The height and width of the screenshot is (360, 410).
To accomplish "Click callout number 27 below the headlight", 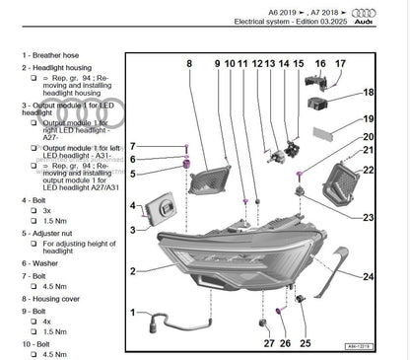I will tap(269, 344).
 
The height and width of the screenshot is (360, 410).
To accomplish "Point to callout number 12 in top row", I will tap(257, 64).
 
